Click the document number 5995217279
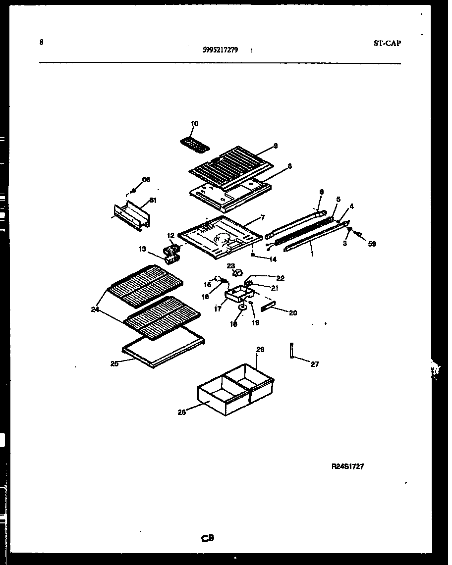coord(220,50)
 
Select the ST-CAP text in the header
coord(387,43)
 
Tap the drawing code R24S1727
coord(348,466)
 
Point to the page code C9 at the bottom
coord(207,538)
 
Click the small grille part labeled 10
coord(194,143)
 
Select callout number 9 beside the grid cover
coord(276,146)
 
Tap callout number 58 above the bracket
coord(146,179)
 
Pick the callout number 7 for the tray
coord(262,217)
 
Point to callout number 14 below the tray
coord(273,259)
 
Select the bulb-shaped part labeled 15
coord(217,279)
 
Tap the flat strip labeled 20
coord(267,308)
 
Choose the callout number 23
coord(230,266)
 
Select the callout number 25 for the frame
coord(115,364)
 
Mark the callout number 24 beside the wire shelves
coord(95,310)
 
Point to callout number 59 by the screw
coord(372,244)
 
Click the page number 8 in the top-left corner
coord(41,42)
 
